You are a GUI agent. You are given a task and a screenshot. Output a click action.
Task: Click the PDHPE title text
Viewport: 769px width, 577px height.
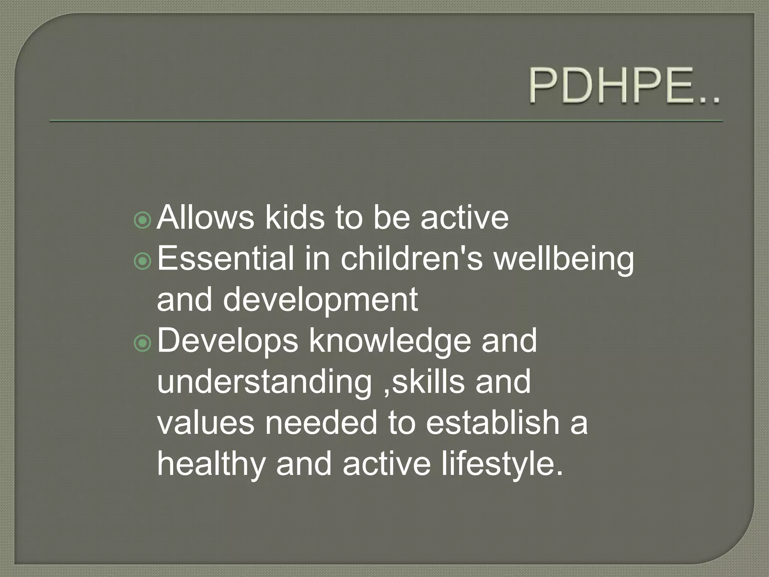[x=624, y=86]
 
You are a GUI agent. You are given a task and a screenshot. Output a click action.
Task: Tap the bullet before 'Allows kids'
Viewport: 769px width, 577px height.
[x=142, y=221]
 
